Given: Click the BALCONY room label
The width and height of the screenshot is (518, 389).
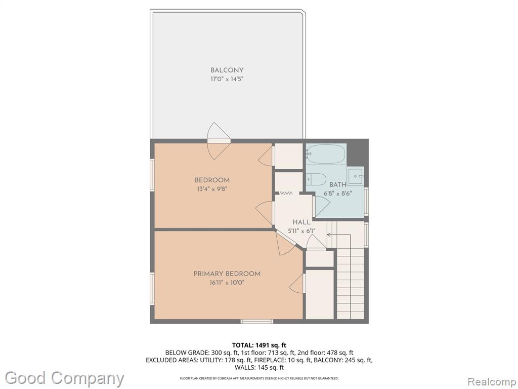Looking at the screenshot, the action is click(227, 70).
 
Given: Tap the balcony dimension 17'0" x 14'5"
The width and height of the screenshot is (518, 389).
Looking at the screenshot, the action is click(227, 79).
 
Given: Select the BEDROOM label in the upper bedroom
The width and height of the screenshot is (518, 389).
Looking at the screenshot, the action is click(212, 180).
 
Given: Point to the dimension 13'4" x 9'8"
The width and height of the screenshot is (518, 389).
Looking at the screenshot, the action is click(212, 189).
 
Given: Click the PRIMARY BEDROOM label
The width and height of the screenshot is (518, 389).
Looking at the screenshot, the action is click(227, 274).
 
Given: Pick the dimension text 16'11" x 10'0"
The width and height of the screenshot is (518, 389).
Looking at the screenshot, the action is click(227, 283).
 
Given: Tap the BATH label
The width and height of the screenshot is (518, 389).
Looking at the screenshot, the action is click(337, 184).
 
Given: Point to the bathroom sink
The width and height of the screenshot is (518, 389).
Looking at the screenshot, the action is click(356, 176).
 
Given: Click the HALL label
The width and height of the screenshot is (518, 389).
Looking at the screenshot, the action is click(301, 222).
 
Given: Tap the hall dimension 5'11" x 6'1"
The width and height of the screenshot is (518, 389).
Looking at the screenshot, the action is click(301, 231).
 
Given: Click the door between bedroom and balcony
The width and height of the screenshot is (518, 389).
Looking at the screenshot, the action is click(218, 141).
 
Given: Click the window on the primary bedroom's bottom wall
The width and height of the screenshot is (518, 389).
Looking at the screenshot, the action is click(256, 321).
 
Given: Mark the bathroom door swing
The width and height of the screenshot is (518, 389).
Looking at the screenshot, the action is click(321, 207).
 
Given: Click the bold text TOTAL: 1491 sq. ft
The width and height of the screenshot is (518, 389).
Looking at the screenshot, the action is click(259, 345).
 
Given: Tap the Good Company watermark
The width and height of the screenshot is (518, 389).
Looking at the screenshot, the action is click(64, 378).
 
